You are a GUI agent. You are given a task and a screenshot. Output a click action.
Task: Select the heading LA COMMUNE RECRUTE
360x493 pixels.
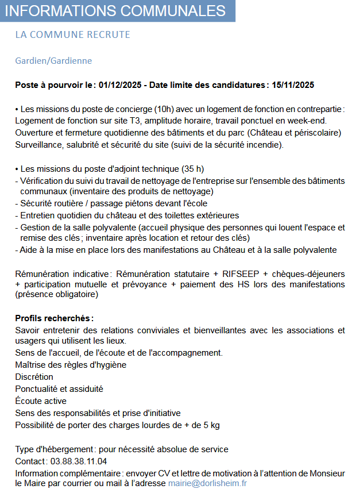[73, 35]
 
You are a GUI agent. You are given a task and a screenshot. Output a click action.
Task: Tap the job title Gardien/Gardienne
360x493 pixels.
[53, 61]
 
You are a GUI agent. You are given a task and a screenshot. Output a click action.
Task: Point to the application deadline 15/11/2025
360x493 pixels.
[293, 85]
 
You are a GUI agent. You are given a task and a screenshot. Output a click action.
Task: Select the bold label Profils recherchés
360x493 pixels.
[53, 318]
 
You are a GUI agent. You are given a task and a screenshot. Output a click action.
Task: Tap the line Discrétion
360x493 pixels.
[34, 377]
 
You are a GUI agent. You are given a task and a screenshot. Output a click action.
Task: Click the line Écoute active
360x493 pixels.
[41, 401]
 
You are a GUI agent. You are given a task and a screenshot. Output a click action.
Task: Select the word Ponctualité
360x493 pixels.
[37, 389]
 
